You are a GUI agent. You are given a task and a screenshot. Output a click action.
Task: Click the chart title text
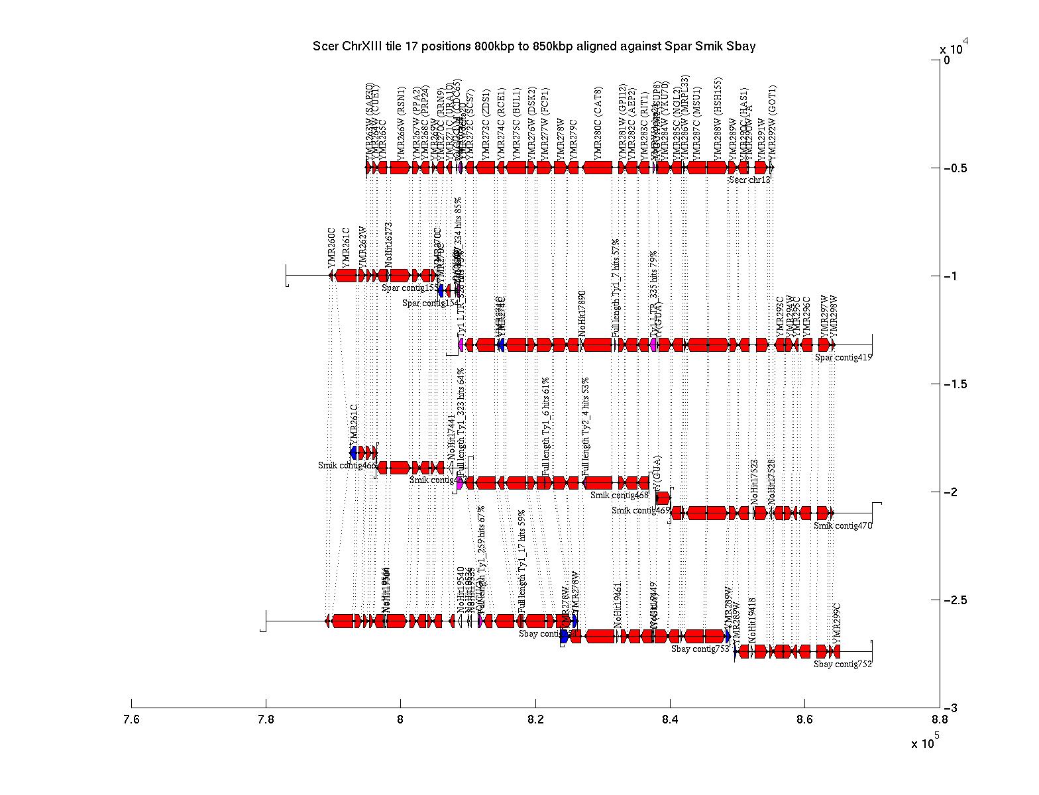tap(534, 46)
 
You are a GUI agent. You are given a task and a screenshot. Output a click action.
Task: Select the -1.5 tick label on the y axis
tap(954, 384)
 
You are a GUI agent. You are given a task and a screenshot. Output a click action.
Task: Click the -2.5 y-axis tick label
tap(954, 600)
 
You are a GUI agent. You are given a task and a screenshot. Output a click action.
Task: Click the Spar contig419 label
tap(844, 358)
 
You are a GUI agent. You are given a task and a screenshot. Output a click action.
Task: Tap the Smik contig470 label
tap(843, 525)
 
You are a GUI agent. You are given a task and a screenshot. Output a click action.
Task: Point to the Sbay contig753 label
tap(700, 649)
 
